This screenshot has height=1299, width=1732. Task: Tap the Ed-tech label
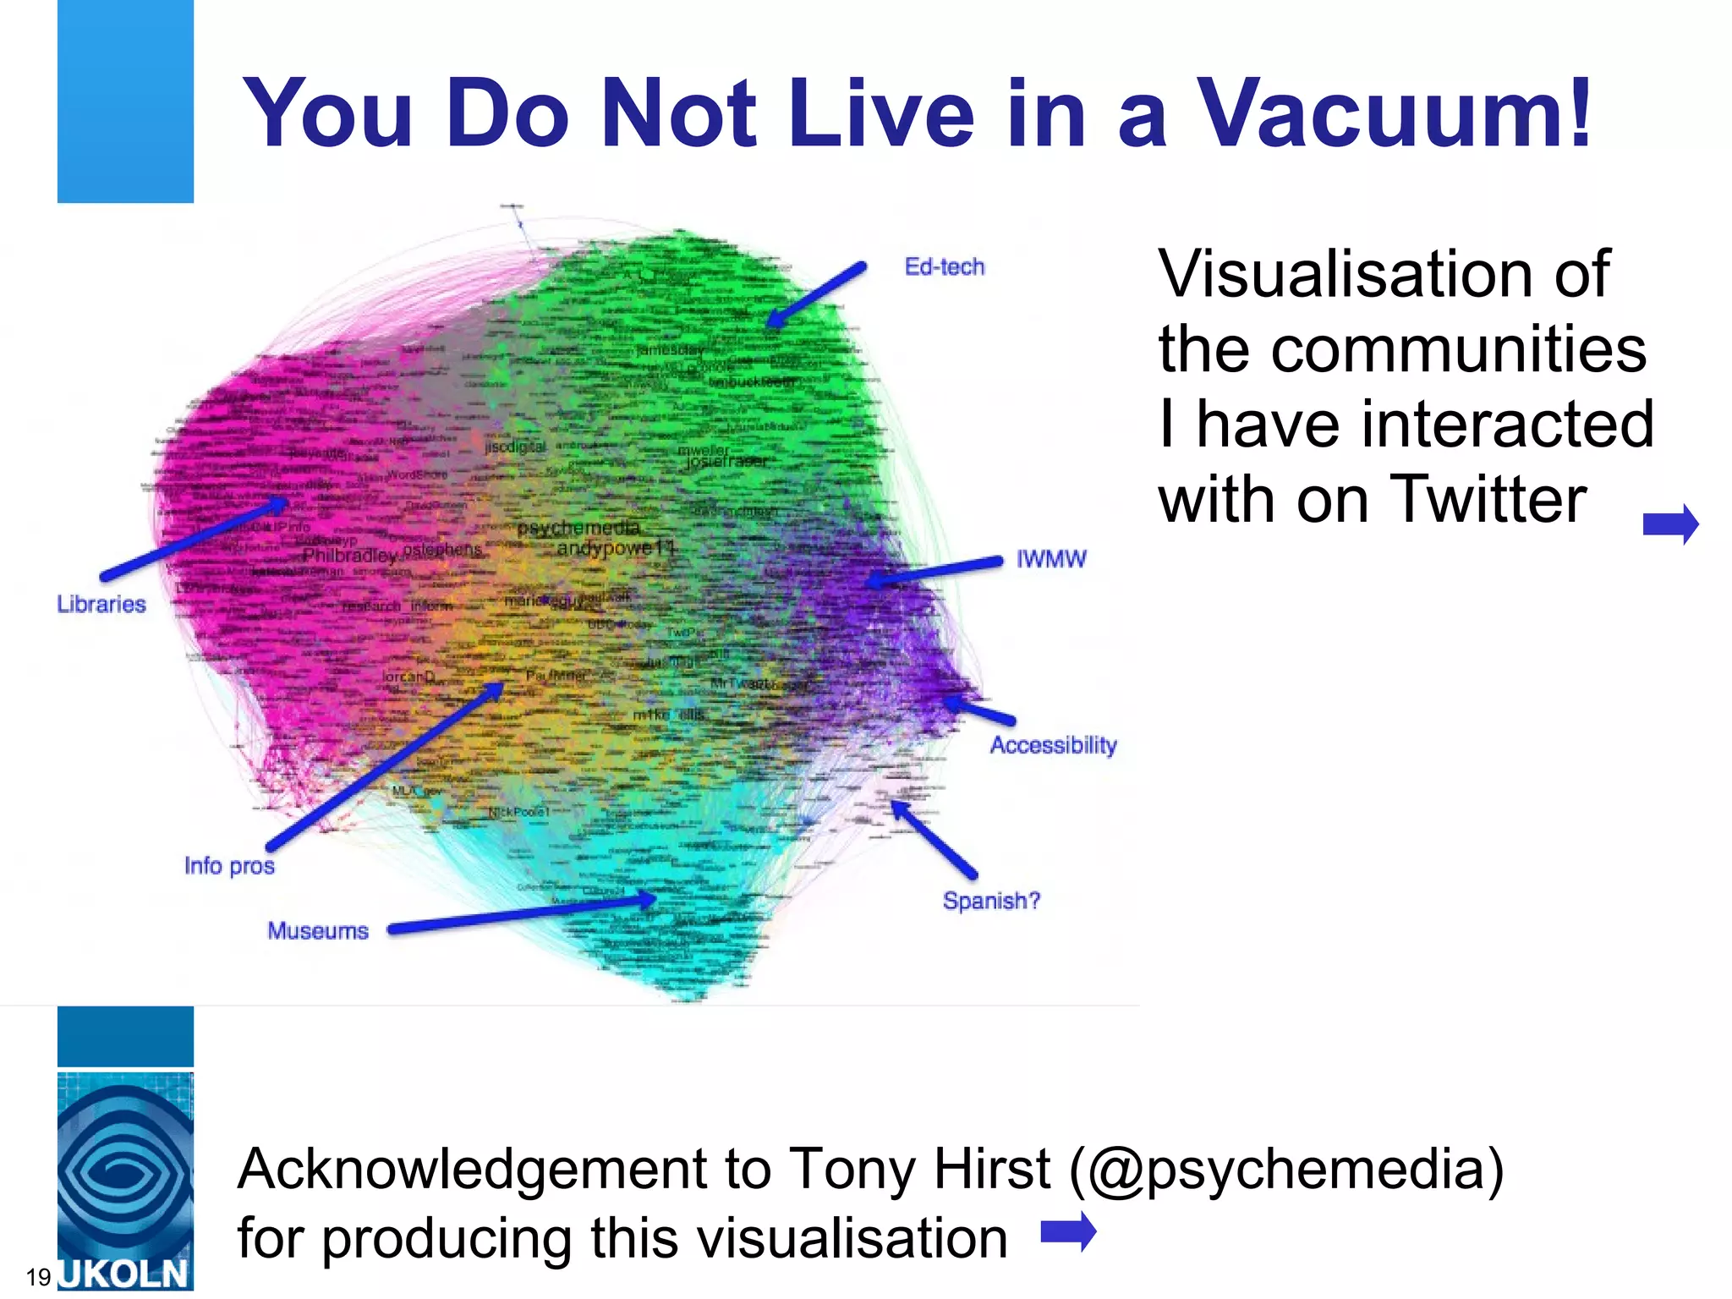click(x=944, y=267)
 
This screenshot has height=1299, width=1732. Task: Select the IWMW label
click(x=1050, y=559)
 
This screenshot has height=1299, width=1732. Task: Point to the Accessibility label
click(x=1053, y=745)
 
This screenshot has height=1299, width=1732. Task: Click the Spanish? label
click(x=991, y=901)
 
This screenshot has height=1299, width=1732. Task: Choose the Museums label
click(x=318, y=931)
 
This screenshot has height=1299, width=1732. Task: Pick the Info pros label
click(x=229, y=866)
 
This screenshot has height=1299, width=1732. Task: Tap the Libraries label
click(x=101, y=605)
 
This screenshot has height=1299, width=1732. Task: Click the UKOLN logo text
click(x=125, y=1274)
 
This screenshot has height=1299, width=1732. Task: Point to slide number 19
click(x=38, y=1277)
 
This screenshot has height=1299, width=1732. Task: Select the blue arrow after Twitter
click(x=1670, y=524)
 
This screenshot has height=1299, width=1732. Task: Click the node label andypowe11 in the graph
click(x=615, y=548)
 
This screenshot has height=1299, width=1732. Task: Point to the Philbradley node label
click(x=349, y=556)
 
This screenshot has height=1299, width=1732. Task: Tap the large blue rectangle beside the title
click(x=125, y=101)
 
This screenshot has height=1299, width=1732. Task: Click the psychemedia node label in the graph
click(x=578, y=529)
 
